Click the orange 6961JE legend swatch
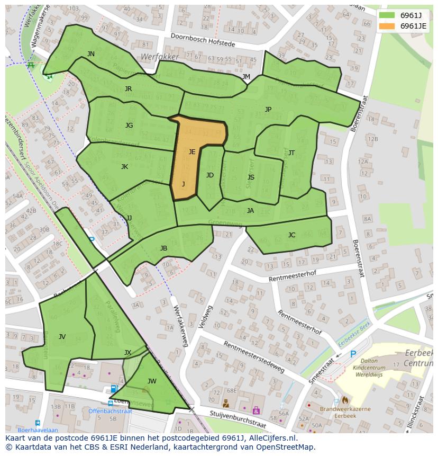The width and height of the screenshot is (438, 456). [387, 26]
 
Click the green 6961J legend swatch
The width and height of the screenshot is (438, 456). [387, 15]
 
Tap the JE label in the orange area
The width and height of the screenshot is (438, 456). [192, 152]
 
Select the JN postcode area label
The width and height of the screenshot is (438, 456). [91, 54]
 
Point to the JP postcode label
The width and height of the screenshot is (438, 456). [268, 110]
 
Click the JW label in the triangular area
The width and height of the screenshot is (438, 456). [152, 381]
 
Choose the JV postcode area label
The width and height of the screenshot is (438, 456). [62, 337]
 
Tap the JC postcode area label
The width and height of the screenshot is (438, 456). [291, 235]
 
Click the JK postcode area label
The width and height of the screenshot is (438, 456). [124, 167]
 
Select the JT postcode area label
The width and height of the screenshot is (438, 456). [291, 153]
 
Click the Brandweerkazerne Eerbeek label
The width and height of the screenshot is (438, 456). [344, 413]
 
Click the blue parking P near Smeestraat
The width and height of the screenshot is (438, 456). [353, 354]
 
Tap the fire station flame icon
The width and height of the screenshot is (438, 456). [345, 400]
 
